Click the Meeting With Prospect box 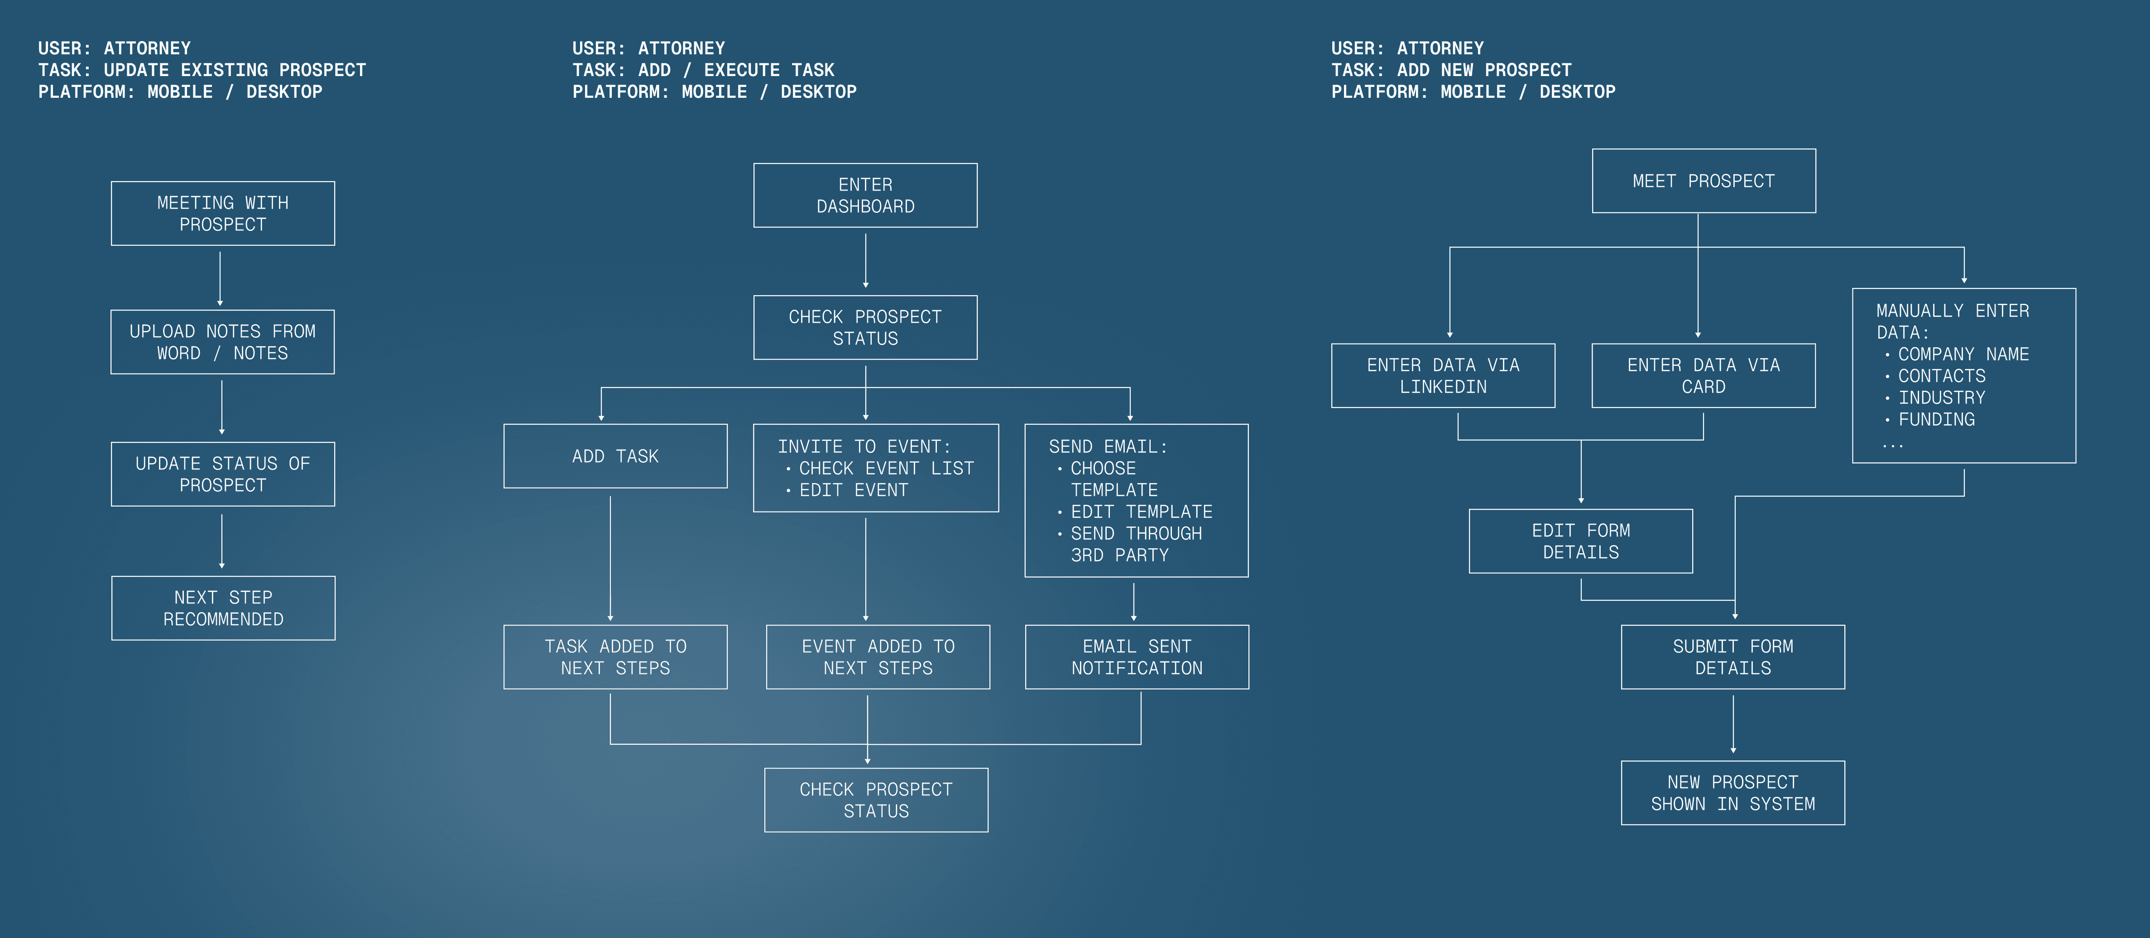point(223,214)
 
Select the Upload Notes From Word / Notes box point(223,342)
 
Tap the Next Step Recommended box point(223,608)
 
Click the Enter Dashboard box point(865,195)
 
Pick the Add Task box point(615,456)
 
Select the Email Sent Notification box point(1137,658)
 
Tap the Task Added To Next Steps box point(615,658)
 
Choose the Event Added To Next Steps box point(878,658)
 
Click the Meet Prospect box point(1704,181)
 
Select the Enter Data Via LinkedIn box point(1443,376)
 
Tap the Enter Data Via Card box point(1704,376)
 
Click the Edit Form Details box point(1581,541)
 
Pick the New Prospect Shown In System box point(1732,793)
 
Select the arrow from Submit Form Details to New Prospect point(1733,723)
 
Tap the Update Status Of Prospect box point(223,474)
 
